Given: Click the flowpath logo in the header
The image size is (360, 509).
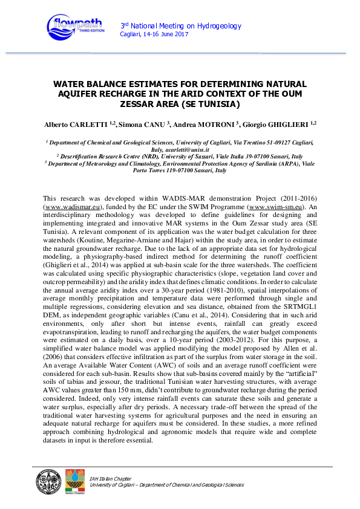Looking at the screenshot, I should click(76, 26).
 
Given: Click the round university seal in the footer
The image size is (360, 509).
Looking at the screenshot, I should click(48, 480).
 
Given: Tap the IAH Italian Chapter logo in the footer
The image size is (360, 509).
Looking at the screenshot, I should click(74, 480).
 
